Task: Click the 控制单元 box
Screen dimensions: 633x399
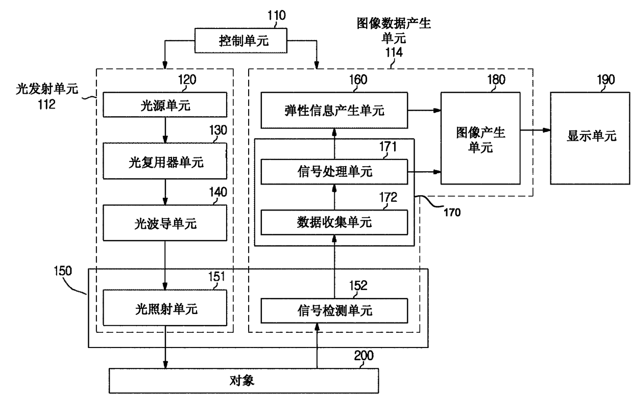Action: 241,40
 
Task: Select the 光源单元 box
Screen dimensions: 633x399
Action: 165,104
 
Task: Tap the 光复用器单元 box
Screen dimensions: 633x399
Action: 165,161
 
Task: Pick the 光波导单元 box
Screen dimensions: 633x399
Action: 165,223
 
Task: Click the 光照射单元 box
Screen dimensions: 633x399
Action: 165,308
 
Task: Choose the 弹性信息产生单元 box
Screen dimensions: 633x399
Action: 334,110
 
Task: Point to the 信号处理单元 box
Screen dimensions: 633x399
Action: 334,172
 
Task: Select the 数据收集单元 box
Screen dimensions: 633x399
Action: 334,222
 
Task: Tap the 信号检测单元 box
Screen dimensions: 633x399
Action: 334,311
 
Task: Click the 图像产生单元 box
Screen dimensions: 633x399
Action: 480,138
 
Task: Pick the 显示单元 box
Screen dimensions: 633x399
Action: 590,138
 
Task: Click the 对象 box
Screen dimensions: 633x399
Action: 244,381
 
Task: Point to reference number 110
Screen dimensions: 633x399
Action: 277,15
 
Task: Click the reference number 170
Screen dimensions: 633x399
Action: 452,212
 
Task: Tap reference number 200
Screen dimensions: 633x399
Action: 364,356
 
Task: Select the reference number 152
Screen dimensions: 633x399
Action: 358,285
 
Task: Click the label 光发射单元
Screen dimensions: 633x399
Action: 47,89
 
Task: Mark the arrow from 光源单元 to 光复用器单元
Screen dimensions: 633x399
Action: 165,130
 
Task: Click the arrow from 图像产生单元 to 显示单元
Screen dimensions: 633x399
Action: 535,130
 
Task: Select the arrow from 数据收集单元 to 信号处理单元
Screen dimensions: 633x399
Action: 334,197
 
